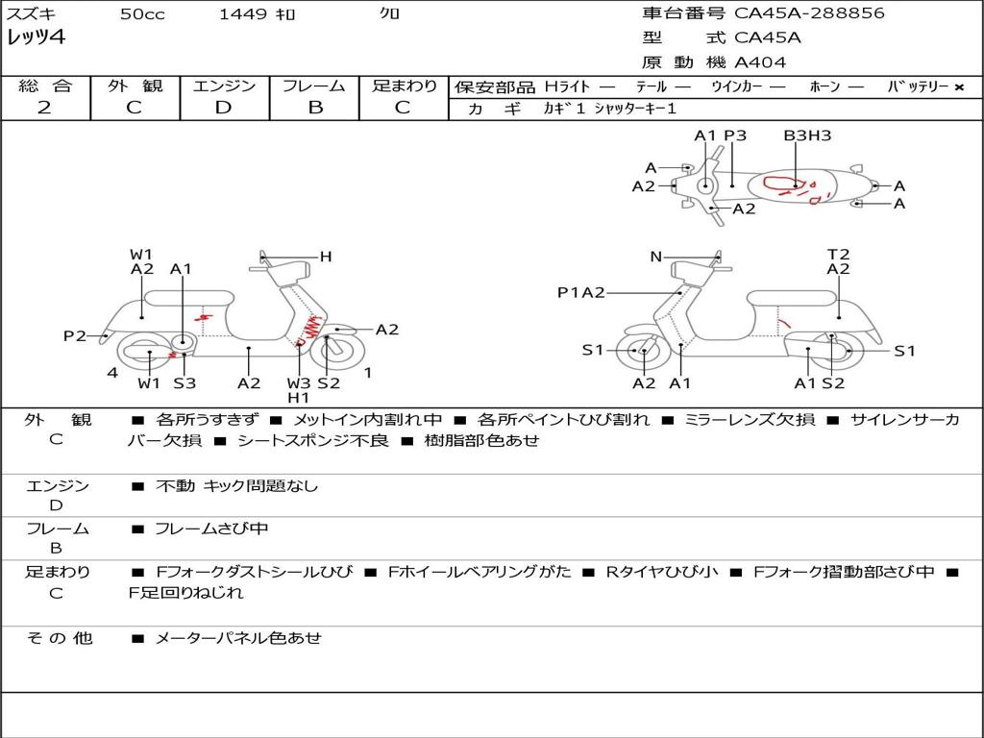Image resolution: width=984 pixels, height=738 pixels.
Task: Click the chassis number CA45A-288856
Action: point(809,13)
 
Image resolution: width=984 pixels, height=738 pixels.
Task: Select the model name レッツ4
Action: point(35,38)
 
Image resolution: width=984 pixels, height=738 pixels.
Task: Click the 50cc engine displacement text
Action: point(142,14)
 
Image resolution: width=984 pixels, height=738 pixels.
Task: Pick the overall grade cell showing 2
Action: point(44,108)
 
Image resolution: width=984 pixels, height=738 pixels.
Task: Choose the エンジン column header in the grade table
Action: point(224,86)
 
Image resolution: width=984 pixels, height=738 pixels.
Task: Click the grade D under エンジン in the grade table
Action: point(224,108)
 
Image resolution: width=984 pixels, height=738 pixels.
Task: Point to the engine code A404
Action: point(760,62)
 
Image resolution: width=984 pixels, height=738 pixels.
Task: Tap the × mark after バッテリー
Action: point(958,87)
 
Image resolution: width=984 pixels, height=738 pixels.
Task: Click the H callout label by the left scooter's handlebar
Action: point(326,257)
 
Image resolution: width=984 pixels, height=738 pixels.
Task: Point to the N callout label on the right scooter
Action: point(656,257)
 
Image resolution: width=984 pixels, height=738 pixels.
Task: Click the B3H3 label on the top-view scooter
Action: point(807,136)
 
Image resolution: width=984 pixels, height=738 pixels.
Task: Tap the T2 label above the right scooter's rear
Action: point(839,255)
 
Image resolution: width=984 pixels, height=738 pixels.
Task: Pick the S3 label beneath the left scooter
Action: point(184,383)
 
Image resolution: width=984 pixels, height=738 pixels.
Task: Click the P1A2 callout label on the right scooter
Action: point(581,293)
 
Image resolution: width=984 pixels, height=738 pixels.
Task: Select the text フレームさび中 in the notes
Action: point(211,529)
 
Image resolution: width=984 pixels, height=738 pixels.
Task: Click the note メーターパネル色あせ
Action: point(238,638)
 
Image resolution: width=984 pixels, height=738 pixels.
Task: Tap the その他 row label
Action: point(59,638)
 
